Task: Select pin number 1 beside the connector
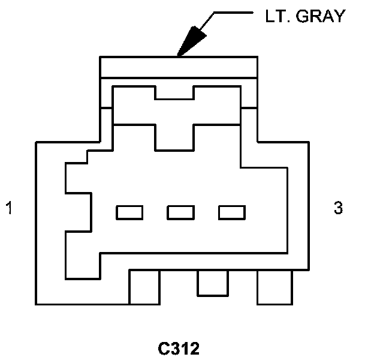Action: (8, 209)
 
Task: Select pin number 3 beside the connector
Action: (338, 208)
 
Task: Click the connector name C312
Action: (179, 348)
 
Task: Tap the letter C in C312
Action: (163, 348)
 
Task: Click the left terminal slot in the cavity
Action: (129, 212)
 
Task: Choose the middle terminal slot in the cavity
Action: (181, 212)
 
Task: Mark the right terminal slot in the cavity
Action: (232, 212)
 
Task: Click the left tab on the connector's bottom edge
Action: (144, 287)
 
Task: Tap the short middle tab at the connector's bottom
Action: (213, 283)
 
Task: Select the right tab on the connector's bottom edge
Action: (275, 287)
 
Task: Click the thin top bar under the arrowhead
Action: (179, 67)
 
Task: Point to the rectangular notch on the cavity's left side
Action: (78, 212)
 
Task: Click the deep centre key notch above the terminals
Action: (174, 137)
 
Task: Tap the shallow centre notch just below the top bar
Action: (174, 92)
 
